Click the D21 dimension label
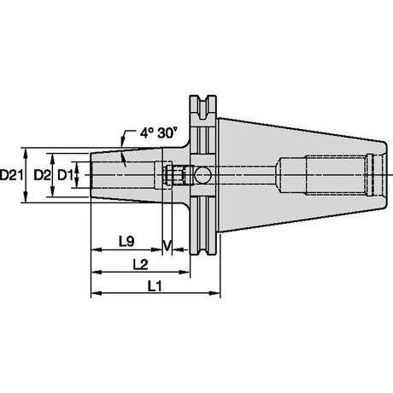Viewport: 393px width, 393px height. click(x=11, y=175)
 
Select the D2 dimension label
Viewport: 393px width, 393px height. click(x=42, y=175)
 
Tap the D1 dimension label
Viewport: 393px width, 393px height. click(x=65, y=175)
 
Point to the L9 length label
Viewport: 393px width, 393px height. click(x=126, y=242)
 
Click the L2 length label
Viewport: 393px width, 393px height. click(x=140, y=265)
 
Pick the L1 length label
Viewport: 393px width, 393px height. click(x=155, y=285)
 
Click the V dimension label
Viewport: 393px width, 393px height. click(x=167, y=245)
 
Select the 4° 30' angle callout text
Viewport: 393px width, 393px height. click(x=158, y=133)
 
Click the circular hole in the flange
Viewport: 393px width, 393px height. click(x=202, y=175)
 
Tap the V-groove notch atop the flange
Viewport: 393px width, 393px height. click(x=203, y=106)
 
